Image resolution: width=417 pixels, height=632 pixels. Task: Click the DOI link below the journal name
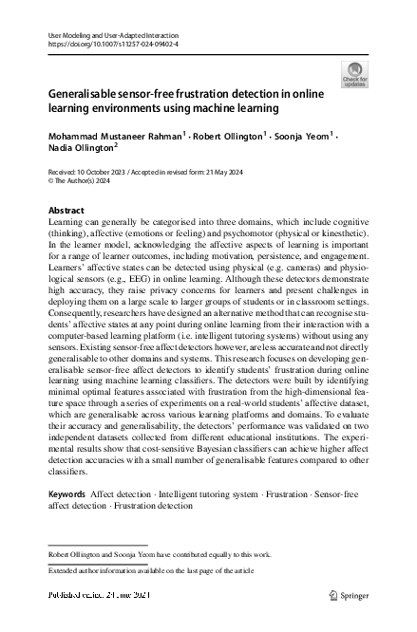[112, 44]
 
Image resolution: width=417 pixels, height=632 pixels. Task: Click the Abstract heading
[66, 210]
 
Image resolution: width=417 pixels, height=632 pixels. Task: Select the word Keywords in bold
[66, 494]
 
